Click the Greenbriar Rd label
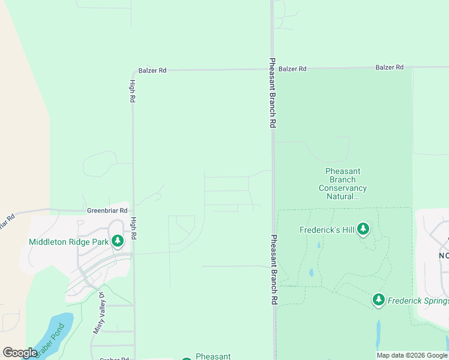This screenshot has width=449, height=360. coord(107,211)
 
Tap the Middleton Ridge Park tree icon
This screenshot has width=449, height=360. coord(118,242)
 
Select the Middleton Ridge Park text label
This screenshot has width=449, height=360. coord(68,242)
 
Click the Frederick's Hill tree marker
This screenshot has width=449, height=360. coord(363,229)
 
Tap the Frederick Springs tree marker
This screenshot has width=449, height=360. coord(378,299)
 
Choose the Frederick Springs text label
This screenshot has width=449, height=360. coord(418,301)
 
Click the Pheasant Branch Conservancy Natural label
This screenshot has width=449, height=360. coord(342,184)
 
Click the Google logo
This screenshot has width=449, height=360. coord(20,353)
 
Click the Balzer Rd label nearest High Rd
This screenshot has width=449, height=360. coord(152,70)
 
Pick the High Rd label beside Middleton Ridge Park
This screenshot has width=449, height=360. coord(133,228)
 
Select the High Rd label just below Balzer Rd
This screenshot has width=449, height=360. coord(131,92)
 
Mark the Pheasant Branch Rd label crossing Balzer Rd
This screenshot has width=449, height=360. coord(272,92)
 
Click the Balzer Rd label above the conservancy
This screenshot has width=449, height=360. coord(390,68)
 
